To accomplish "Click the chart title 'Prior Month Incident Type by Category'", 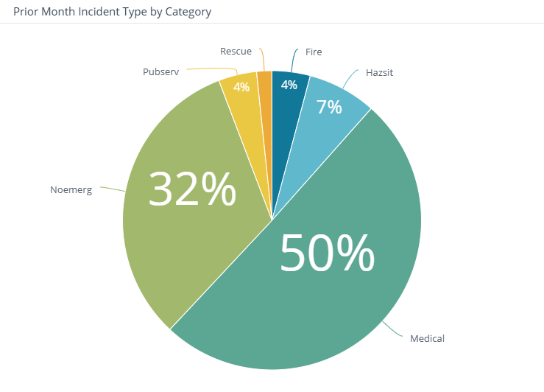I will point(112,12).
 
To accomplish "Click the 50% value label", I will point(328,254).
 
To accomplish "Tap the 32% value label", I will point(192,189).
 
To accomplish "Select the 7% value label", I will point(329,108).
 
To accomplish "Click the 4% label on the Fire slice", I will point(289,85).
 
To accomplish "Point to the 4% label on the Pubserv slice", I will point(241,87).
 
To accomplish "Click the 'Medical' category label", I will point(427,339).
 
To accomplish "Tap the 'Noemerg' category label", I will point(71,189).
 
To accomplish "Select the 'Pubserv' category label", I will point(160,72).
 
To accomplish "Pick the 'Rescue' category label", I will point(236,52).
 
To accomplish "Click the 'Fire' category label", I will point(314,52).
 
